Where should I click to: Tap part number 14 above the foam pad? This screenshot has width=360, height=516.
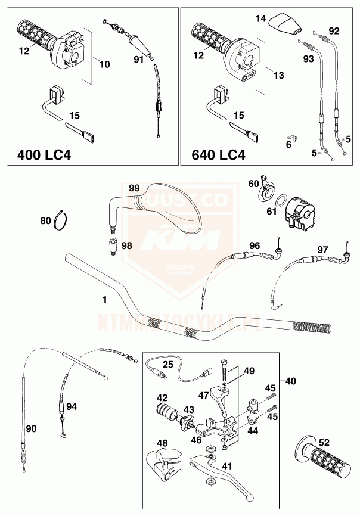260,19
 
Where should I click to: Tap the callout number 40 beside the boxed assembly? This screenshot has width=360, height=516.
290,381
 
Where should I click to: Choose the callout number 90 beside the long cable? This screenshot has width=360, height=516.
32,428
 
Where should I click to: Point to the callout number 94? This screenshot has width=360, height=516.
72,406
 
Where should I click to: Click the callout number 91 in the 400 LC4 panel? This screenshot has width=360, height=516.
138,59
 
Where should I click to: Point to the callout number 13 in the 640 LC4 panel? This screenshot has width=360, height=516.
278,76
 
